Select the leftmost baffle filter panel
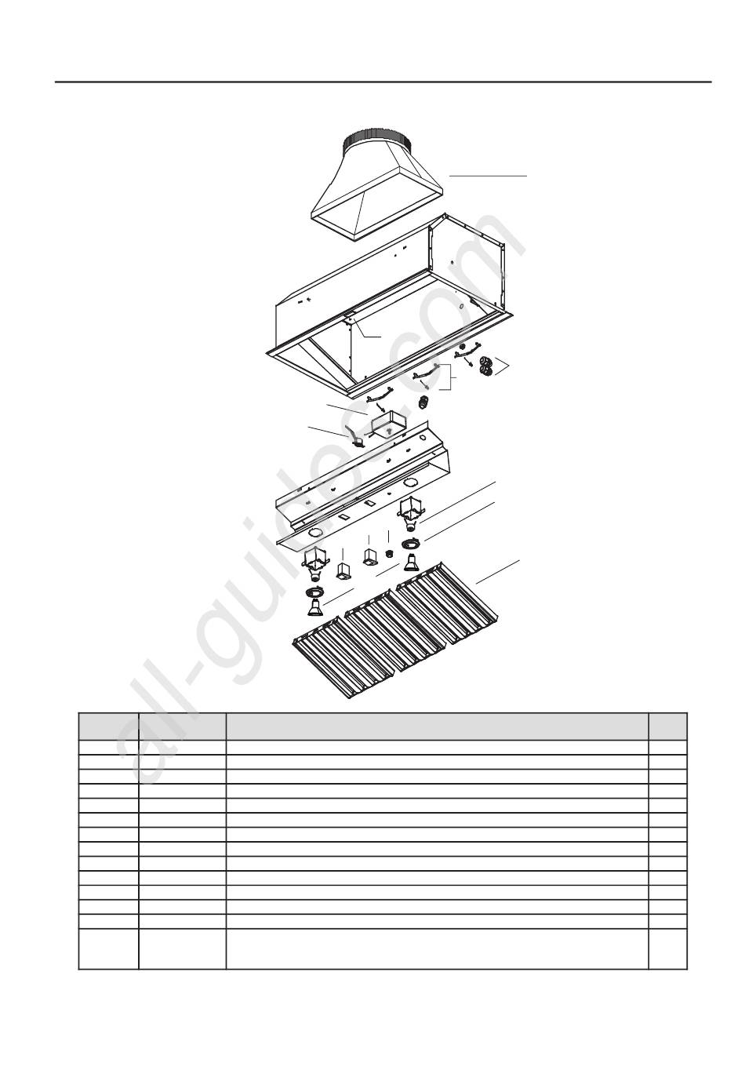click(x=343, y=657)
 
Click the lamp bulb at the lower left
click(x=314, y=607)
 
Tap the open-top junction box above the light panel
click(x=390, y=423)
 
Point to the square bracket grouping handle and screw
click(x=450, y=377)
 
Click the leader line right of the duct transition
click(x=488, y=176)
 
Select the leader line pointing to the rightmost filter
click(x=497, y=571)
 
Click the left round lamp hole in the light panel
click(x=315, y=533)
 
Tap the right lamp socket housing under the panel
click(x=410, y=514)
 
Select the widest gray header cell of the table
click(x=437, y=726)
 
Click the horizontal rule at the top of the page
click(x=383, y=82)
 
